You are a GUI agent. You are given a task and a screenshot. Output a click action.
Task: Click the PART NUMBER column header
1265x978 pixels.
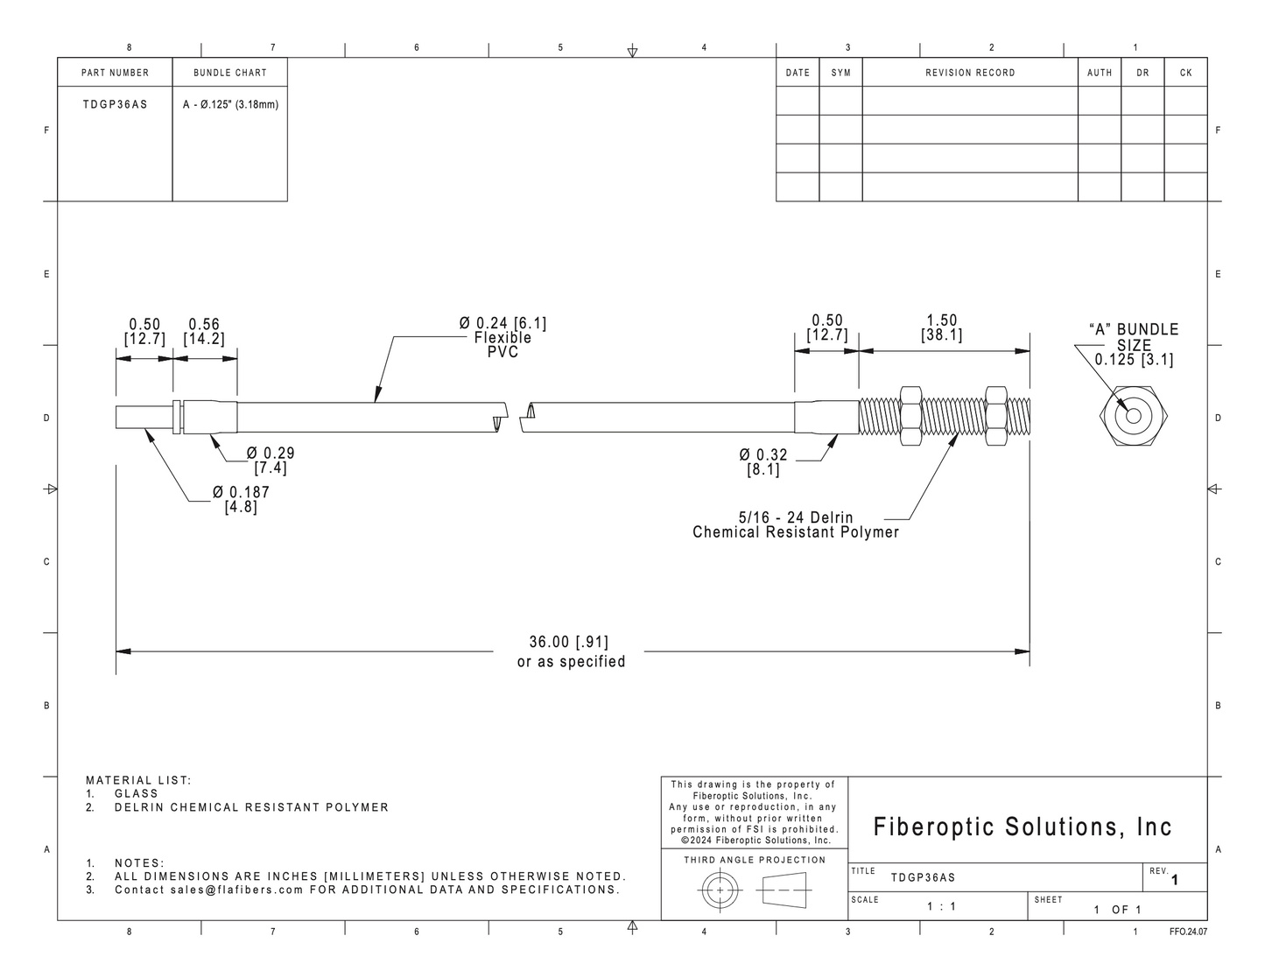point(115,73)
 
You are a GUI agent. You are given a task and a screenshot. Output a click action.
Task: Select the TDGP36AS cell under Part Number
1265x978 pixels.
point(115,104)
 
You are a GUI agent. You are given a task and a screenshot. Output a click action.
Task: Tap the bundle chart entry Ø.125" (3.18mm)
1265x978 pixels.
point(230,104)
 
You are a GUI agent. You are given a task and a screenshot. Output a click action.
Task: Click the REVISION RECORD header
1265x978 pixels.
point(970,73)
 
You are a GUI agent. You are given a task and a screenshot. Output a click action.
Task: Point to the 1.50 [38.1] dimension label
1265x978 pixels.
point(941,327)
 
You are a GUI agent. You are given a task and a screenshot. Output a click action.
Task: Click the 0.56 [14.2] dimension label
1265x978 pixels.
point(204,332)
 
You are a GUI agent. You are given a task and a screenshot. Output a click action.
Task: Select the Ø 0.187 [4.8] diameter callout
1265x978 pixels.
point(241,499)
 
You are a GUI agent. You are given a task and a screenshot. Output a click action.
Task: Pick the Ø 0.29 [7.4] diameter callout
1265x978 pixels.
point(271,461)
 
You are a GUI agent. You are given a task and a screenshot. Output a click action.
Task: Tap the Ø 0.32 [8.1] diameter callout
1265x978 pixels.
point(763,462)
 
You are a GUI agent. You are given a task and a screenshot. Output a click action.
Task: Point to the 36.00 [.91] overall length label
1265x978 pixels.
point(569,642)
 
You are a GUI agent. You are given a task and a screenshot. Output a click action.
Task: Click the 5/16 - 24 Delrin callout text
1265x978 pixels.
point(796,517)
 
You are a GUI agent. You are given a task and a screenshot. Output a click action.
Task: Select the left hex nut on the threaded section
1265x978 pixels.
point(910,416)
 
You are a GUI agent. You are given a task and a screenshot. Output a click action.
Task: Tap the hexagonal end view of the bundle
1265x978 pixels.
point(1134,416)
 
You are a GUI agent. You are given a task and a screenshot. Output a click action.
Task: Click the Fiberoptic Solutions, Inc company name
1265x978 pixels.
point(1023,827)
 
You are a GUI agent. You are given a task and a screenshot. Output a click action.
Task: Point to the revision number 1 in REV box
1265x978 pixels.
point(1174,880)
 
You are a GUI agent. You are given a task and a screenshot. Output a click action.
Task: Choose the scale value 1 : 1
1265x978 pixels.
point(941,906)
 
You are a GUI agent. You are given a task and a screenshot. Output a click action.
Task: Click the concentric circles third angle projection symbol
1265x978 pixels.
point(720,890)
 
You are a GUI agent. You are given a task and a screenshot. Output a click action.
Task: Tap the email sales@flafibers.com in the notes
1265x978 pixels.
point(237,890)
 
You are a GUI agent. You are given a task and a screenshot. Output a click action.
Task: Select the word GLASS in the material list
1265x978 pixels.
point(137,793)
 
